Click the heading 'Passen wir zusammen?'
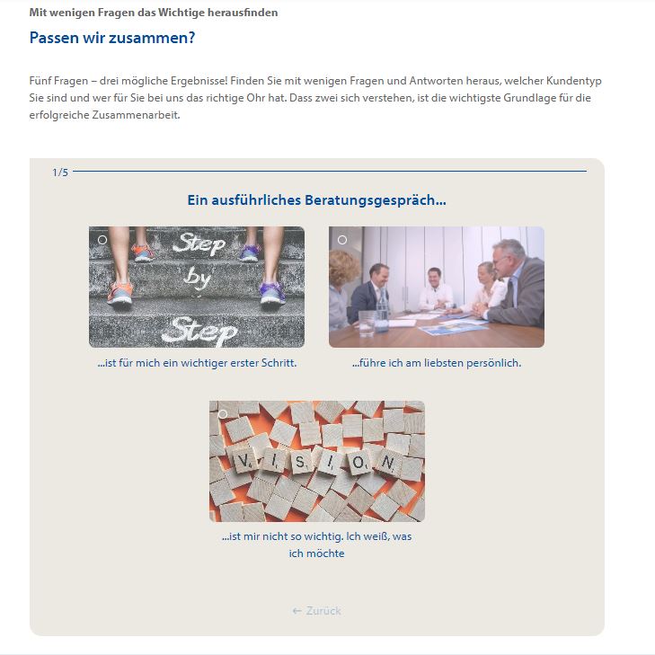point(112,38)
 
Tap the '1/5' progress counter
point(60,173)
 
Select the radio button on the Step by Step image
point(102,240)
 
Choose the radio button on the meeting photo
point(342,240)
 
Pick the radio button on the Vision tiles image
point(223,414)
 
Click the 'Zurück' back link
point(316,611)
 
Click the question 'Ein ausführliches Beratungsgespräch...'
point(316,200)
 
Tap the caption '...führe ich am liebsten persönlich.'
point(437,363)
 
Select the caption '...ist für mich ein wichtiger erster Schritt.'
point(197,363)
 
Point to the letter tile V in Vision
point(242,460)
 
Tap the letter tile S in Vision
point(299,462)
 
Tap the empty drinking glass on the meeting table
point(367,323)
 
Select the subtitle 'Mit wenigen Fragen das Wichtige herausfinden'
point(154,13)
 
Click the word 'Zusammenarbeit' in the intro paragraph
point(136,115)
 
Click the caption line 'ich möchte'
point(316,553)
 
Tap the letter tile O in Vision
point(358,463)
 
